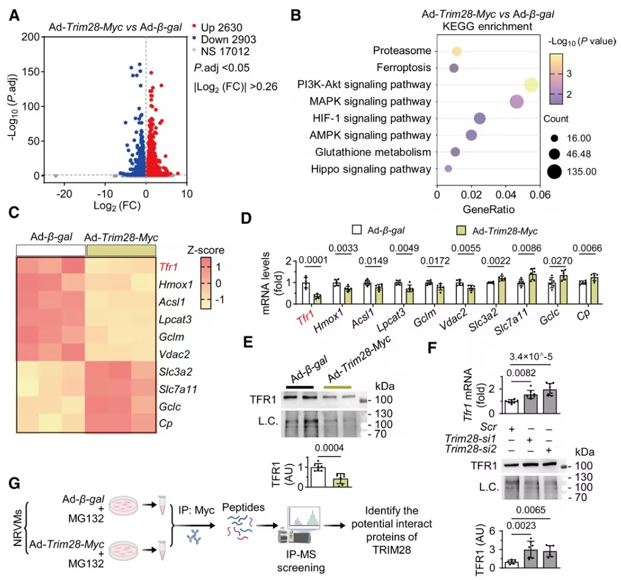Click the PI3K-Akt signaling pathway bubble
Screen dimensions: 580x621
click(x=532, y=86)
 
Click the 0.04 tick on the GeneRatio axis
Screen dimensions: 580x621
click(x=505, y=195)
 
